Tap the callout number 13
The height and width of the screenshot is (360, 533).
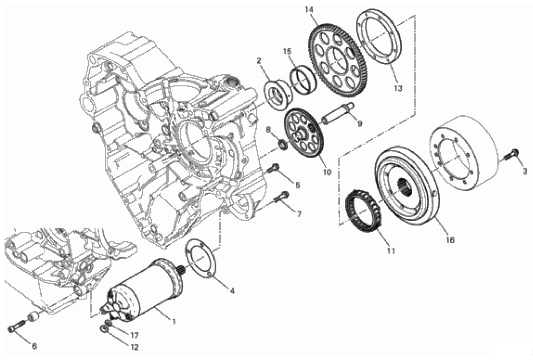pyautogui.click(x=398, y=88)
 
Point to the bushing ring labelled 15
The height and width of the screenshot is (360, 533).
pyautogui.click(x=303, y=79)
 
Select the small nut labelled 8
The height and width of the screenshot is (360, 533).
pyautogui.click(x=282, y=144)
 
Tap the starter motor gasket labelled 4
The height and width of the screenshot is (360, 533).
pyautogui.click(x=201, y=257)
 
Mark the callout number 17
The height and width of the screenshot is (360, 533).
pyautogui.click(x=134, y=335)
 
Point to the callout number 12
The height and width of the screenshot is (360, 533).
pyautogui.click(x=134, y=348)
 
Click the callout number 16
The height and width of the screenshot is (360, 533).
pyautogui.click(x=450, y=240)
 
